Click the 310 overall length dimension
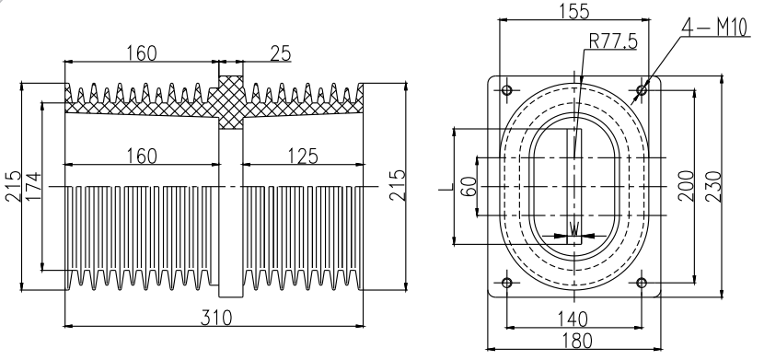[216, 318]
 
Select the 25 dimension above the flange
[280, 53]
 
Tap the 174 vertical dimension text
[33, 187]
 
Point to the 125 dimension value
[303, 157]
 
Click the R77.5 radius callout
[613, 42]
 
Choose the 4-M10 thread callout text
[714, 29]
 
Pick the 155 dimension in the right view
[573, 11]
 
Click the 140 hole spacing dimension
[572, 319]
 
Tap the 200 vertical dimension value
[686, 186]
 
